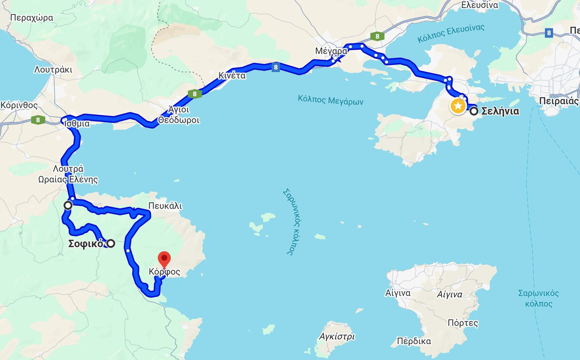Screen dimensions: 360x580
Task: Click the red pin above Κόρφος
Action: [x=164, y=259]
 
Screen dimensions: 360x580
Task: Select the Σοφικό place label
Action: [x=87, y=243]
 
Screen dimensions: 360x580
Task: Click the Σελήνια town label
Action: [x=500, y=111]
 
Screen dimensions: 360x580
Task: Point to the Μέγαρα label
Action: [x=331, y=51]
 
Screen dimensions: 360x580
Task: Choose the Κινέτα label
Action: [x=232, y=76]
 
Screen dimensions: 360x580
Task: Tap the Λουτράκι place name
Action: [x=53, y=70]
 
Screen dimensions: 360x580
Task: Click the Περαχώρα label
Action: [x=31, y=18]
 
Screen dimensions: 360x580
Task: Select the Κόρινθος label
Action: [x=19, y=105]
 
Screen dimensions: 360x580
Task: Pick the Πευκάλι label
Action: [x=165, y=206]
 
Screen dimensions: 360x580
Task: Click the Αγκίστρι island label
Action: [x=337, y=336]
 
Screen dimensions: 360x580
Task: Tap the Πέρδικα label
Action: [x=414, y=341]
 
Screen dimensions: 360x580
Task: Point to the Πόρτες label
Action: [x=463, y=323]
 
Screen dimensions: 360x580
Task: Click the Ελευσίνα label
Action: [x=479, y=5]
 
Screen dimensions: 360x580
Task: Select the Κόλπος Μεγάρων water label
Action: [x=331, y=100]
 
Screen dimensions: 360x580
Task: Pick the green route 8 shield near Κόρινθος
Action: [x=38, y=120]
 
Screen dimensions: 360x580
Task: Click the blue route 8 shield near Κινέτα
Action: [x=275, y=68]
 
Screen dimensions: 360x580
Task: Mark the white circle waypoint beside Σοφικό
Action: [x=110, y=243]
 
